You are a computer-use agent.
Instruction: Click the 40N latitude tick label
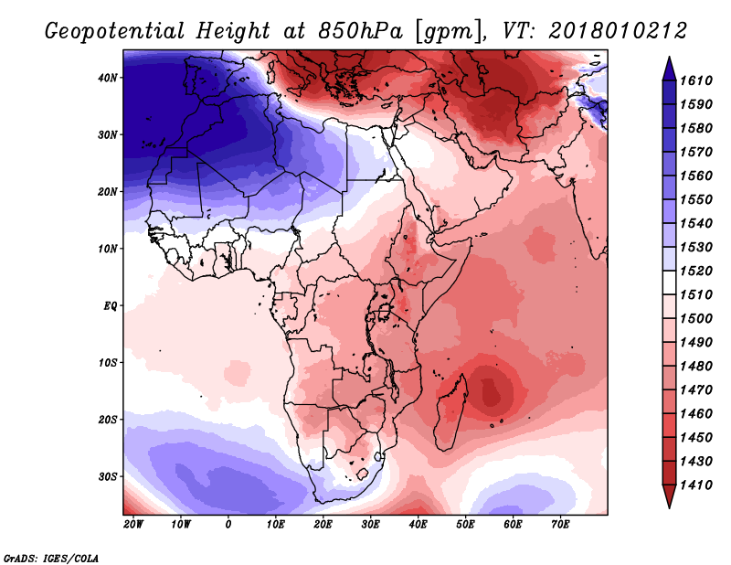pos(107,78)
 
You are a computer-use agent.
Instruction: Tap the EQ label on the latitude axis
pos(110,306)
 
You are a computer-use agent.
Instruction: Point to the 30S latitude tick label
pos(107,477)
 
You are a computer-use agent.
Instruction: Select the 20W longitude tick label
pos(132,525)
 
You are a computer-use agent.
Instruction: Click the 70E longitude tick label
pos(560,525)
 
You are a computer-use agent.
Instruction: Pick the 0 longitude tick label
pos(228,525)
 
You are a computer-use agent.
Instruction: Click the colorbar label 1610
pos(696,80)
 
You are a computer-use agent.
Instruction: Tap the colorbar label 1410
pos(696,485)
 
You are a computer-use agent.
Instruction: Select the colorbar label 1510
pos(696,295)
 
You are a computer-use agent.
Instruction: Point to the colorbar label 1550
pos(696,199)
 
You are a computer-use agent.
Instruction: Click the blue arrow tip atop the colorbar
pos(669,58)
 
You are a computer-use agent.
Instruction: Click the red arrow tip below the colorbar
pos(669,507)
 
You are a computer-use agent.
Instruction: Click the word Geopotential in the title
pos(115,31)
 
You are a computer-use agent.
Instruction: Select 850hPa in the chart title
pos(360,31)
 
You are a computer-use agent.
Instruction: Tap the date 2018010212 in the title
pos(618,31)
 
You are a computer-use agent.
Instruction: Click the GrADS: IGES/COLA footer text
pos(51,558)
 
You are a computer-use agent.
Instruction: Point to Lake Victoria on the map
pos(383,312)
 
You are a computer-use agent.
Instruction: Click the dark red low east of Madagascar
pos(490,391)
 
